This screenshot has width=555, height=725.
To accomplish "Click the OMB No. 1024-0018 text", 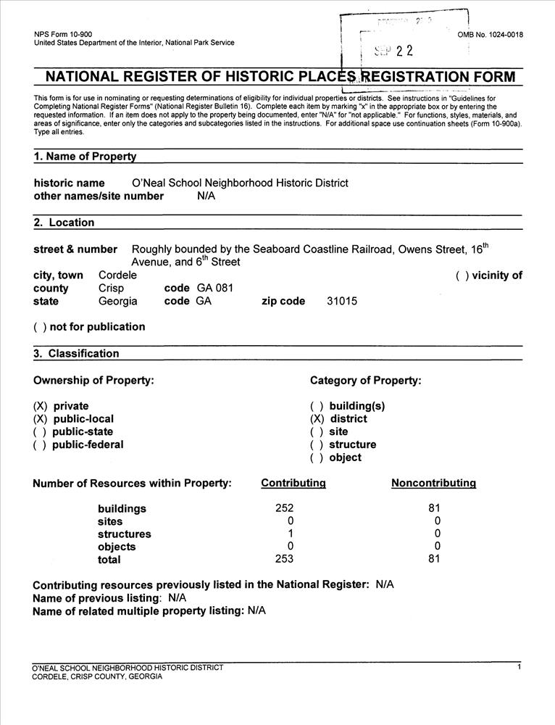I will [491, 35].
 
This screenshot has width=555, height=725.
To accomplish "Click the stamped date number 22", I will [404, 51].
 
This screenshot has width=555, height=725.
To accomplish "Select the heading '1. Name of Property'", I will [85, 157].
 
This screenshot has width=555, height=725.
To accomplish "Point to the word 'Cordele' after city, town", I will [117, 275].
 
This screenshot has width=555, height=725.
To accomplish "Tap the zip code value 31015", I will [342, 302].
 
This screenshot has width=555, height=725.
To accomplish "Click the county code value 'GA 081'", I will [215, 289].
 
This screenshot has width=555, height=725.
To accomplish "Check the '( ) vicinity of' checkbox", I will [462, 275].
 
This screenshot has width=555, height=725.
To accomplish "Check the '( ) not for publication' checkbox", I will [40, 327].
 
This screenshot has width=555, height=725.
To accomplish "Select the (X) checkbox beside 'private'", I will [40, 406].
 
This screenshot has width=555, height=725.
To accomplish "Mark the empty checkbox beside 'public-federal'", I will [40, 445].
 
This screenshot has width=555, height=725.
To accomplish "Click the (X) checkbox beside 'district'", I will [317, 419].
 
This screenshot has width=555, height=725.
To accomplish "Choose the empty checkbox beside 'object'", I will [317, 458].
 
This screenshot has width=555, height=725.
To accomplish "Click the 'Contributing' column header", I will [293, 484].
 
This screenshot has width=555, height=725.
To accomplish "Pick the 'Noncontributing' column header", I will [433, 484].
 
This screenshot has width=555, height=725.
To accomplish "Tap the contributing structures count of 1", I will [290, 534].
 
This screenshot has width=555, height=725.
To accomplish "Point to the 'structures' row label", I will [124, 534].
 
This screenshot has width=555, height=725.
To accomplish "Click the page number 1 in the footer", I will [519, 667].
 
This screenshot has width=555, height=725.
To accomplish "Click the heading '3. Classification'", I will [76, 354].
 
